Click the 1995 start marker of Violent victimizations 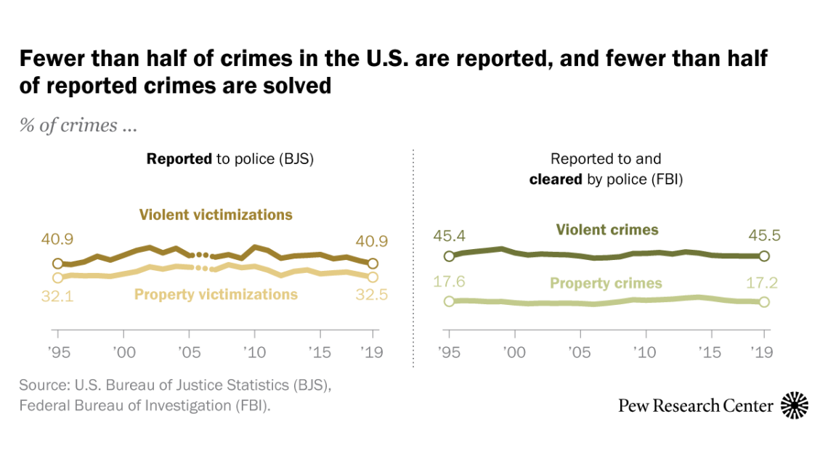tap(57, 264)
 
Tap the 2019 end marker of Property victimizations tap(373, 277)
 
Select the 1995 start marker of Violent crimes tap(449, 256)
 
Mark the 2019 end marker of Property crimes tap(763, 302)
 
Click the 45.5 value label tap(763, 235)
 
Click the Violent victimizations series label tap(216, 215)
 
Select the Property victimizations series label tap(216, 294)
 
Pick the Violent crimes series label tap(606, 230)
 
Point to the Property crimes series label tap(606, 283)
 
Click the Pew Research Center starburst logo tap(795, 405)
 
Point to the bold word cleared tap(554, 178)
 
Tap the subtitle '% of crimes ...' tap(78, 125)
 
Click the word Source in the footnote tap(41, 385)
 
